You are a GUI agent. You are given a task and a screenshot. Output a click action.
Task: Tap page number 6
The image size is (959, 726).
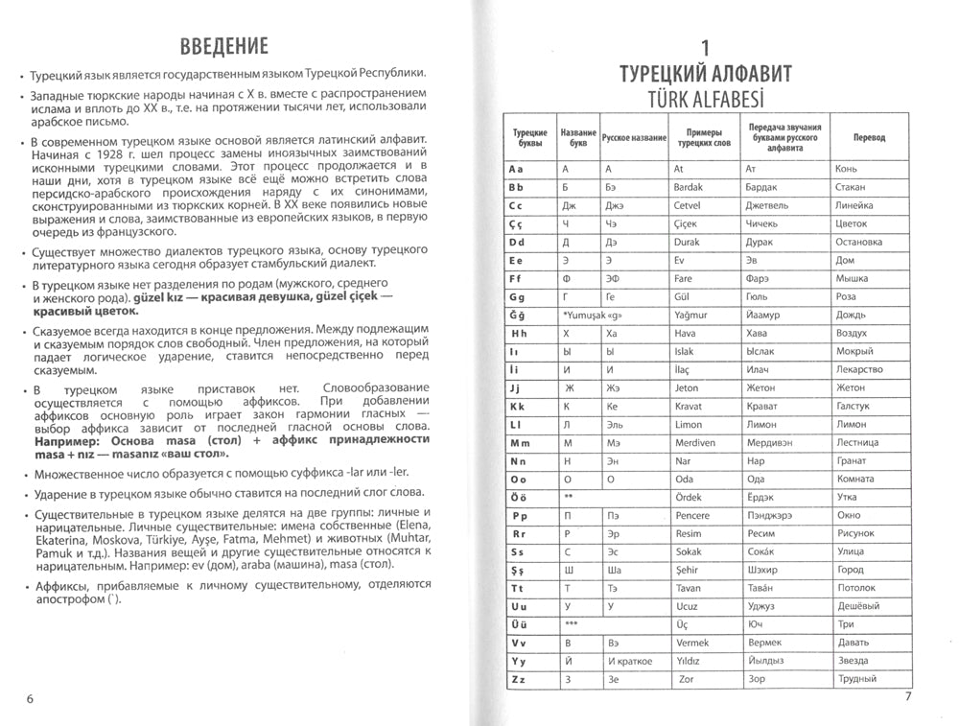(31, 697)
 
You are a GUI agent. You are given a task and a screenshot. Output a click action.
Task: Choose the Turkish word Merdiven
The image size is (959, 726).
(695, 443)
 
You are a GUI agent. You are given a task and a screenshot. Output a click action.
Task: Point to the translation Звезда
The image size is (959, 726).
(853, 661)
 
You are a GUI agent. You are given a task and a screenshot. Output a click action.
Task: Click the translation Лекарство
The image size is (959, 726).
(859, 369)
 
